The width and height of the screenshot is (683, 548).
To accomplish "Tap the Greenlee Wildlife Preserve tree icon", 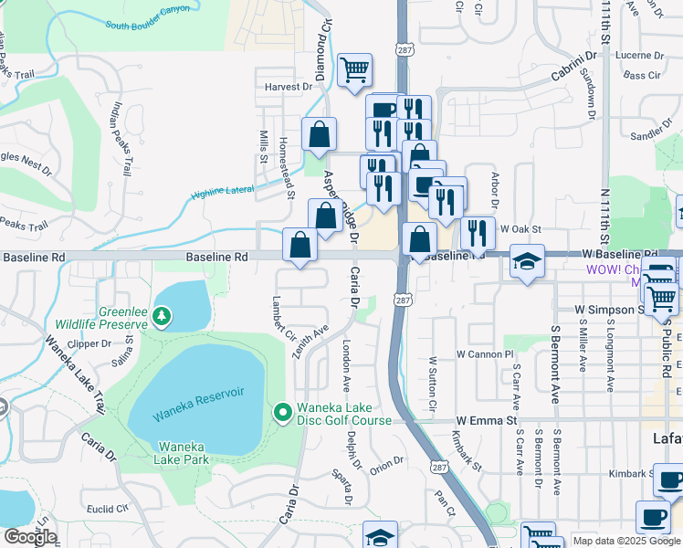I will click(x=162, y=316).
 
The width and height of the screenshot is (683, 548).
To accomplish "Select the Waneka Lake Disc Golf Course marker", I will click(x=283, y=414).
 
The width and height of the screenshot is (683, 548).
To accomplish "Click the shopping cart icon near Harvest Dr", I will click(x=354, y=69).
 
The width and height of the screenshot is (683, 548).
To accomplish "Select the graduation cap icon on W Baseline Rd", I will click(x=527, y=260).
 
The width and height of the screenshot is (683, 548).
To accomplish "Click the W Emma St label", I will click(x=486, y=420).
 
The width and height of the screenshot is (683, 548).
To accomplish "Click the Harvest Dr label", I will click(x=289, y=87).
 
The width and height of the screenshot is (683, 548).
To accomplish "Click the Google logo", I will click(x=30, y=537).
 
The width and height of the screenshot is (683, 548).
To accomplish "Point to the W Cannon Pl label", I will click(x=486, y=353).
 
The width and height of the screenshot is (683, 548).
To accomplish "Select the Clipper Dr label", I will click(x=89, y=344).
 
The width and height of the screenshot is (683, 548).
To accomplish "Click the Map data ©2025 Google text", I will click(x=625, y=541).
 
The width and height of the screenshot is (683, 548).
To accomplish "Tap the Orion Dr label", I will click(x=386, y=461).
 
